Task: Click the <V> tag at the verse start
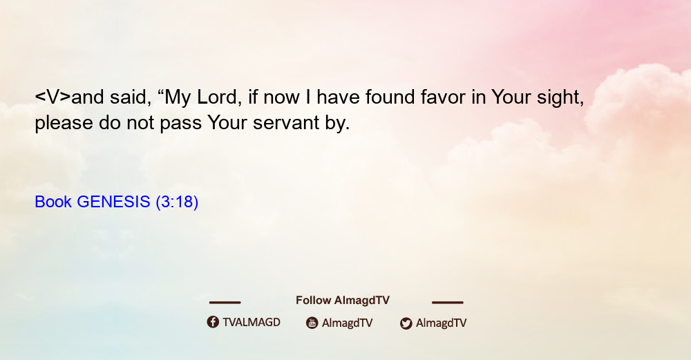(53, 97)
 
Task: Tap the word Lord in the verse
(216, 97)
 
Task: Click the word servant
(286, 123)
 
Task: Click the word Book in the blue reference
(53, 202)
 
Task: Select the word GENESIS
(114, 202)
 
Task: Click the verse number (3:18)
(177, 202)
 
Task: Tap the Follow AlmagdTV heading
(343, 301)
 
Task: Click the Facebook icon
(213, 322)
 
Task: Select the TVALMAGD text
(252, 323)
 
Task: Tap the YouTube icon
(312, 323)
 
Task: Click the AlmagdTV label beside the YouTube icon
(348, 323)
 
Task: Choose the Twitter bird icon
(406, 323)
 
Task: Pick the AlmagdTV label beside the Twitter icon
(441, 323)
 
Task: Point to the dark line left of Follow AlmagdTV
(225, 303)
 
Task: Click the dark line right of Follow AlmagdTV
(448, 303)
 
